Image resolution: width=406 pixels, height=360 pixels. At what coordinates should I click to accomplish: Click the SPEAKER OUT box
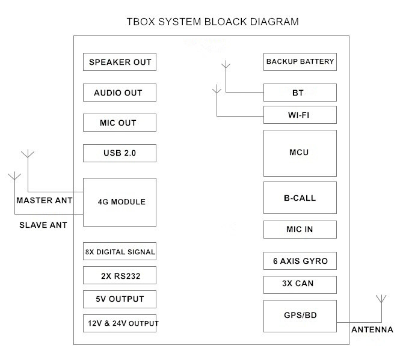tap(120, 62)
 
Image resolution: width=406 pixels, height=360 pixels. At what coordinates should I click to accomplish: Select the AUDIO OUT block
tap(120, 93)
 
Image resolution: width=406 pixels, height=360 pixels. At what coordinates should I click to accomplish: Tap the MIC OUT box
tap(120, 123)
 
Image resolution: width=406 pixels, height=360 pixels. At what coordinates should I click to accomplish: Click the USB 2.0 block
tap(120, 153)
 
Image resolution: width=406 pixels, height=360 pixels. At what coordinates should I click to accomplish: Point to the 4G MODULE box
tap(120, 202)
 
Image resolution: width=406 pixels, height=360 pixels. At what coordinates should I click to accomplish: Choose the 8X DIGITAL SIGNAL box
tap(120, 252)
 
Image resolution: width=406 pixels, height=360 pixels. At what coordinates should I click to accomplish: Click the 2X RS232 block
tap(120, 275)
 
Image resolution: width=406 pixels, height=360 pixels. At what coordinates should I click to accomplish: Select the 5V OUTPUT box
tap(120, 299)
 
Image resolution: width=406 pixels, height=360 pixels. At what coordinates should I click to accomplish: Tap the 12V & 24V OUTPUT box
tap(120, 323)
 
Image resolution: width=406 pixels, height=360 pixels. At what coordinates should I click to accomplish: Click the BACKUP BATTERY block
tap(300, 61)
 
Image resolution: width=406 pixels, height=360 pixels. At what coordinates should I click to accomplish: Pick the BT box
tap(300, 93)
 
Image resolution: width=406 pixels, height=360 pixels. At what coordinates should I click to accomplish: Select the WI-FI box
tap(300, 114)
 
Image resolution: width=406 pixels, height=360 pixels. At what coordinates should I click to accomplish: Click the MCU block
tap(300, 152)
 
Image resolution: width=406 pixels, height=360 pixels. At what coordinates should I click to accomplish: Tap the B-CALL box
tap(300, 198)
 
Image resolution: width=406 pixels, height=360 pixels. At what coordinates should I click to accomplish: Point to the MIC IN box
tap(300, 229)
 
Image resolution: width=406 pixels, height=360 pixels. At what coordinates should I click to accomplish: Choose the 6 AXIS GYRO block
tap(300, 261)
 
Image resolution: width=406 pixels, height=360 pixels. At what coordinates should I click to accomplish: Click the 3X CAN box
tap(300, 284)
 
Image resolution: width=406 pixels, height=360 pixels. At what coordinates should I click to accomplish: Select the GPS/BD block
tap(300, 315)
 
